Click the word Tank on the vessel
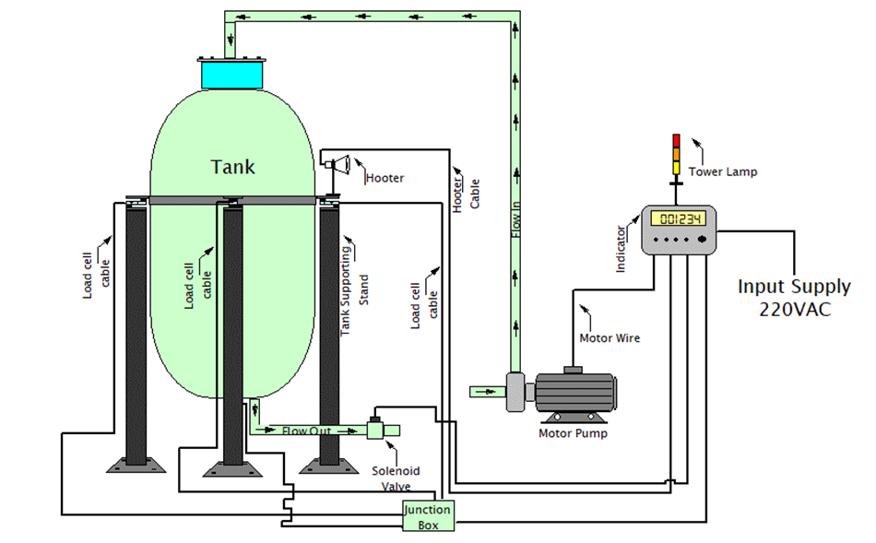point(232,167)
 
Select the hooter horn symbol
point(338,165)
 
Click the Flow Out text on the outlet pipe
point(306,431)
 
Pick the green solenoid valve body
point(376,429)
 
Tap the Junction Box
point(428,516)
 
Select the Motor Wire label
point(610,337)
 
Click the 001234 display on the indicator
point(677,218)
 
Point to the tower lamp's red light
point(675,140)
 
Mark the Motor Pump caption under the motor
point(574,432)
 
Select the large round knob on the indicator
point(703,239)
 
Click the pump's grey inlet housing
point(516,390)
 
